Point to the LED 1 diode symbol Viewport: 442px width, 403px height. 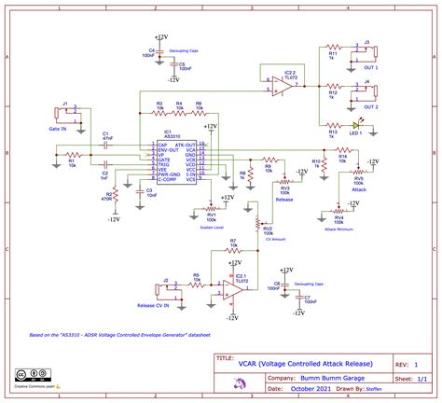pyautogui.click(x=357, y=126)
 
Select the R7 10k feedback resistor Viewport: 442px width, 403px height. pyautogui.click(x=231, y=249)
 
